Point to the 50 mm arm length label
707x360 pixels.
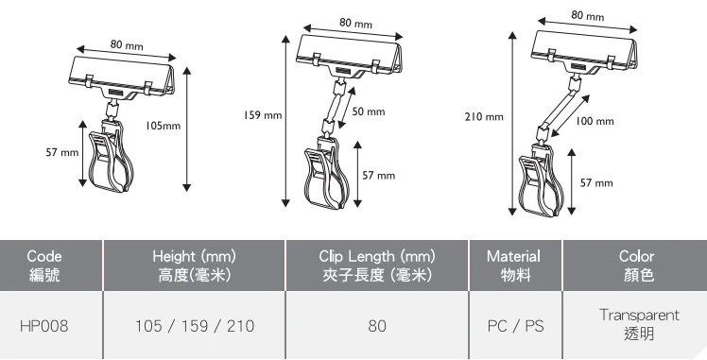(x=369, y=111)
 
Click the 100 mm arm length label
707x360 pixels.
(x=595, y=121)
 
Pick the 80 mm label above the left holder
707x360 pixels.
(x=127, y=44)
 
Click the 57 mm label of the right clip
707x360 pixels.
(x=597, y=181)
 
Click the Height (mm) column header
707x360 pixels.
(x=195, y=265)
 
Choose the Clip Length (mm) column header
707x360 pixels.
(x=377, y=265)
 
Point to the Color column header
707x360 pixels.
(x=636, y=265)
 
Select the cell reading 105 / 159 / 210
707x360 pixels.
(x=195, y=326)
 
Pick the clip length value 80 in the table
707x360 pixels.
(x=377, y=326)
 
